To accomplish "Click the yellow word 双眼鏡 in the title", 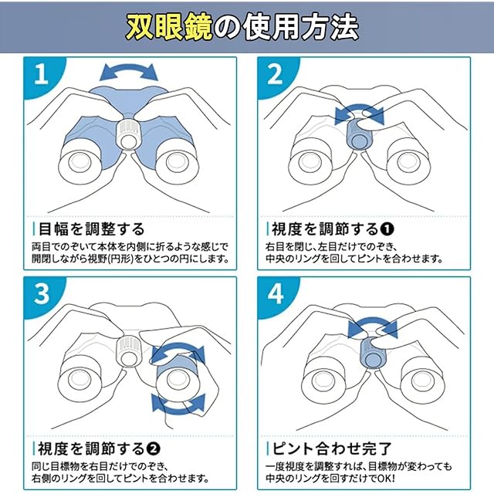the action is [x=169, y=28].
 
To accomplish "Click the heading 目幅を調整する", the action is [x=91, y=228].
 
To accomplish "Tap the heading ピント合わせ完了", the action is [x=332, y=448].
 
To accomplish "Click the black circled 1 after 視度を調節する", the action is [x=387, y=229].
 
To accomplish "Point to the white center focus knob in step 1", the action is [x=128, y=134].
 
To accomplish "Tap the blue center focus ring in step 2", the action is [x=359, y=134].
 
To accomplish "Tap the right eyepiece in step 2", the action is [x=408, y=161].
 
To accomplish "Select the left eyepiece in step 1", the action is [x=80, y=161].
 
